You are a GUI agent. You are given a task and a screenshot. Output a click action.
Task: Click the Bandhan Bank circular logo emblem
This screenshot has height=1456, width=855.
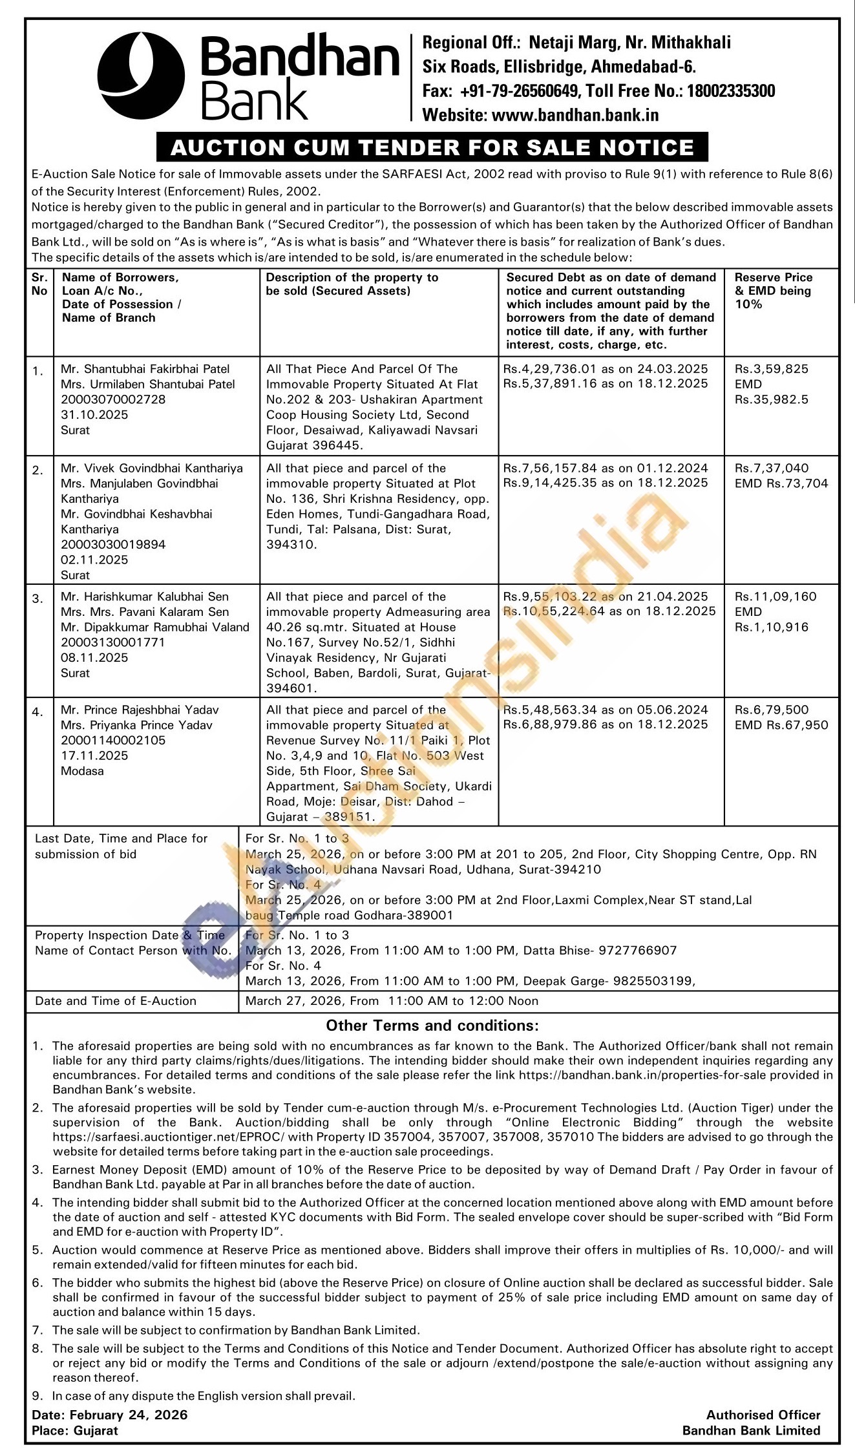click(x=141, y=76)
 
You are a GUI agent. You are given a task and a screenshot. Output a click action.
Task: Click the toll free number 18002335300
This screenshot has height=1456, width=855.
click(x=730, y=91)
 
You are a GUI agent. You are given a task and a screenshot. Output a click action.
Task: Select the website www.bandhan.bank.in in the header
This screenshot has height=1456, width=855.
click(x=575, y=115)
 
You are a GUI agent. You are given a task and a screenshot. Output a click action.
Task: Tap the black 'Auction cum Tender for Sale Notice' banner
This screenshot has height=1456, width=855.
click(x=432, y=147)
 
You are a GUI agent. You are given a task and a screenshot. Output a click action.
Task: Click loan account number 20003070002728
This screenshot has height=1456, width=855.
click(x=113, y=399)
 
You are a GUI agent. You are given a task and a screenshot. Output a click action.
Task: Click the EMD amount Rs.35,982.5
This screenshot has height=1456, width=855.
click(x=772, y=399)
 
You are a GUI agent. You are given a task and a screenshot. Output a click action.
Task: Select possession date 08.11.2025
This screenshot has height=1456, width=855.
click(x=94, y=658)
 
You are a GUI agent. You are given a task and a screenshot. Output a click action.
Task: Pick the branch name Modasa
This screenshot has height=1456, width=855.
click(x=82, y=771)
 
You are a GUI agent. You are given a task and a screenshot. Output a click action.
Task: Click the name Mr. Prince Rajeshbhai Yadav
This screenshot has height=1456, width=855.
click(x=140, y=710)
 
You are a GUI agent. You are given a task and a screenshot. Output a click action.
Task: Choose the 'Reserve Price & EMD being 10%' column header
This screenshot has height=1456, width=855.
click(x=773, y=291)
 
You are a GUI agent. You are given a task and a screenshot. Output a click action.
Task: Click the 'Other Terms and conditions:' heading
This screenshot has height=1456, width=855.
click(x=432, y=1026)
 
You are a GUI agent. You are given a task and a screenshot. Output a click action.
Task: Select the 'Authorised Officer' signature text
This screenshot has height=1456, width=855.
click(x=763, y=1415)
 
